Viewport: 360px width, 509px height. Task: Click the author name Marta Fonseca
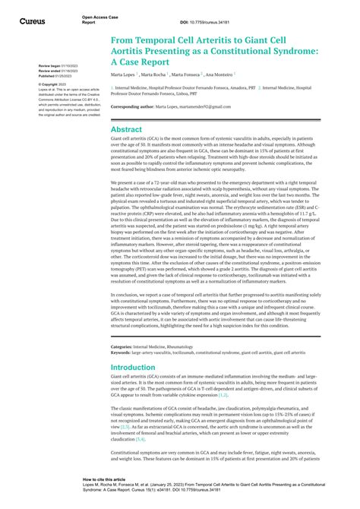[x=187, y=75]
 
